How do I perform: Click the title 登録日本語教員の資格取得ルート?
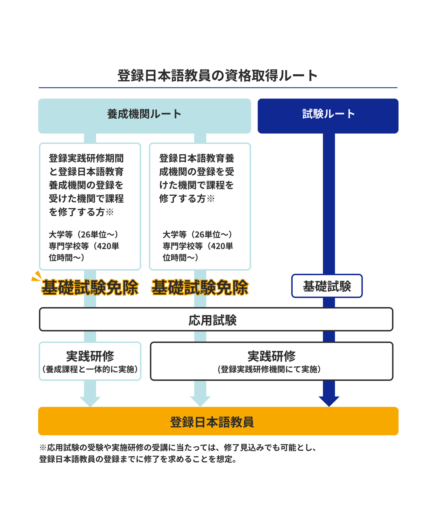pos(217,76)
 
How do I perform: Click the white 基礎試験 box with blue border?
pos(327,286)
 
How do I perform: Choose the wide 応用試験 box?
pos(216,319)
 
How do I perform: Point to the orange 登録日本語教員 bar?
pos(218,421)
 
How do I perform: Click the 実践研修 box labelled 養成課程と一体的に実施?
pos(90,361)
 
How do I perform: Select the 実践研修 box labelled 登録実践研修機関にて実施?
pos(272,361)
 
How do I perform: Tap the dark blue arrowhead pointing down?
pos(329,401)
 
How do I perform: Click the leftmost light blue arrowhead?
pos(90,401)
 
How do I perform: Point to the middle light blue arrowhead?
pos(200,401)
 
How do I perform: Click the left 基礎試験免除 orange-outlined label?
pos(90,287)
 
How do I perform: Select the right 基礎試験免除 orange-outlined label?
pos(200,287)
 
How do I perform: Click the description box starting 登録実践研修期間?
pos(90,206)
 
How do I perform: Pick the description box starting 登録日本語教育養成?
pos(200,206)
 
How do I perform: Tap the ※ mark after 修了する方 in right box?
pos(211,199)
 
